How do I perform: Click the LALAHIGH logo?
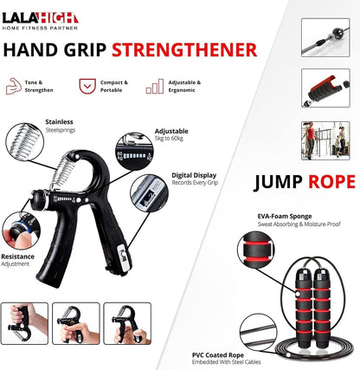[x=40, y=17]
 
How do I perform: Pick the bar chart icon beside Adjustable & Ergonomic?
[x=155, y=86]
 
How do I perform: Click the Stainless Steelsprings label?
[x=60, y=127]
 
